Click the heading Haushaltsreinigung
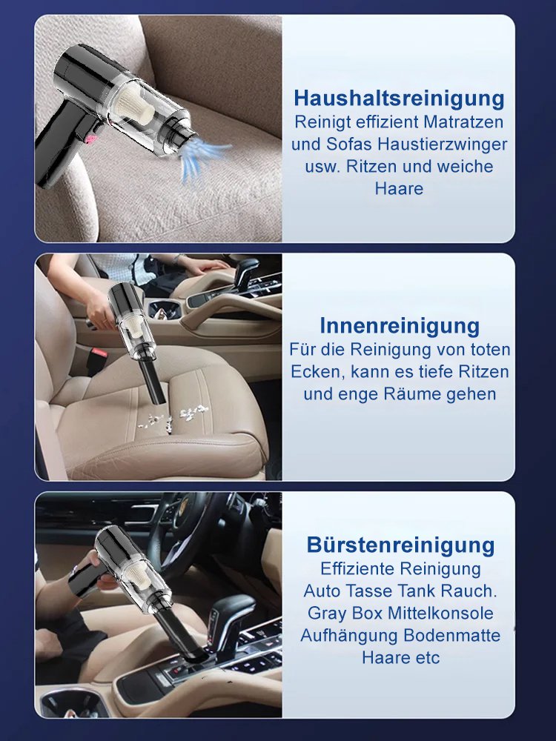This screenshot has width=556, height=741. click(399, 99)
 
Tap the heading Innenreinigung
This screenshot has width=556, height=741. click(400, 325)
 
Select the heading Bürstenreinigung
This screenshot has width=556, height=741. click(400, 545)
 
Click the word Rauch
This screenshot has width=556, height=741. click(469, 591)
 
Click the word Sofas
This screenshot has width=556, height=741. click(344, 143)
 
